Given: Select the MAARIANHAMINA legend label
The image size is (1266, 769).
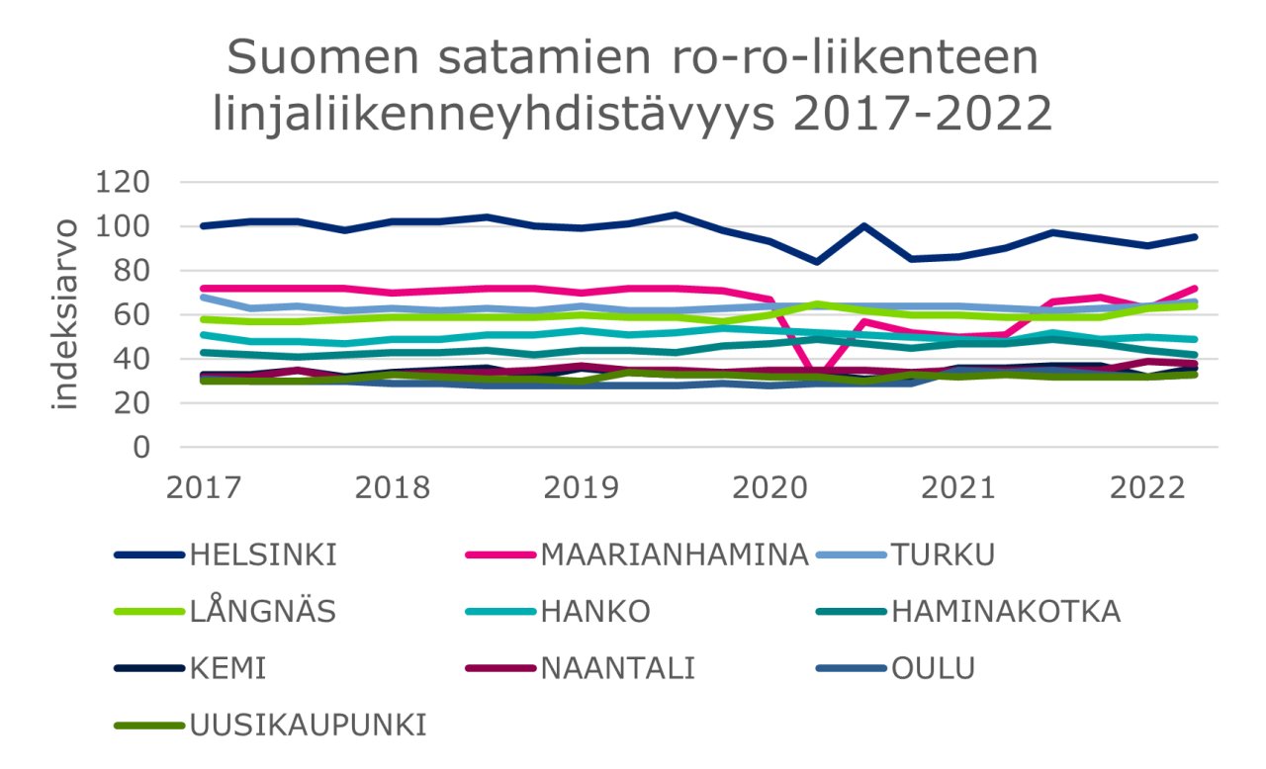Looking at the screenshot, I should coord(676,555).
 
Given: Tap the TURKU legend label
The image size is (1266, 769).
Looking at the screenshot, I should coord(943,555).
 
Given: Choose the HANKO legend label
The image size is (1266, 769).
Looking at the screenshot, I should coord(594,612).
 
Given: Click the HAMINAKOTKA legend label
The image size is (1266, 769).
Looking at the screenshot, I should coord(1006,612).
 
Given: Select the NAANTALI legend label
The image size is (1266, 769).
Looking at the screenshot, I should coord(618,669).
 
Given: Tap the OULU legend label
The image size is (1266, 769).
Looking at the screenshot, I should coord(933,669).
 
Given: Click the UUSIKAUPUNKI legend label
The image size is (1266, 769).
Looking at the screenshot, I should coord(310,726).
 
